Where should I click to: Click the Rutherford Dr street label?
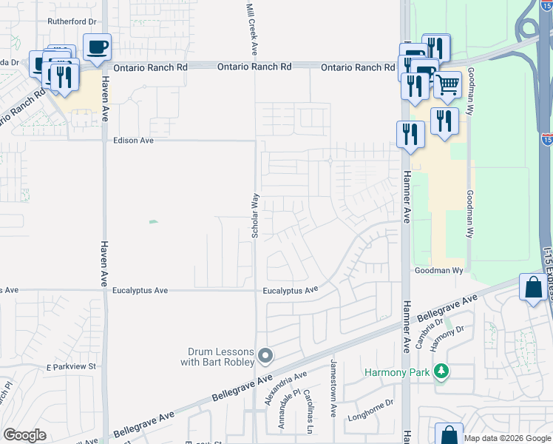[x=72, y=21]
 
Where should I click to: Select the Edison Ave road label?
[x=133, y=140]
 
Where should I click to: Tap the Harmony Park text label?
[x=396, y=372]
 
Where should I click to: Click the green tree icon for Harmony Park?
[x=441, y=371]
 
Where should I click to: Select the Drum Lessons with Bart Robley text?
[x=217, y=357]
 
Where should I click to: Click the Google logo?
[x=24, y=434]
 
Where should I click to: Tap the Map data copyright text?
[x=507, y=438]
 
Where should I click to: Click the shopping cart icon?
[x=447, y=85]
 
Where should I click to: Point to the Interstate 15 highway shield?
[x=546, y=138]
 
